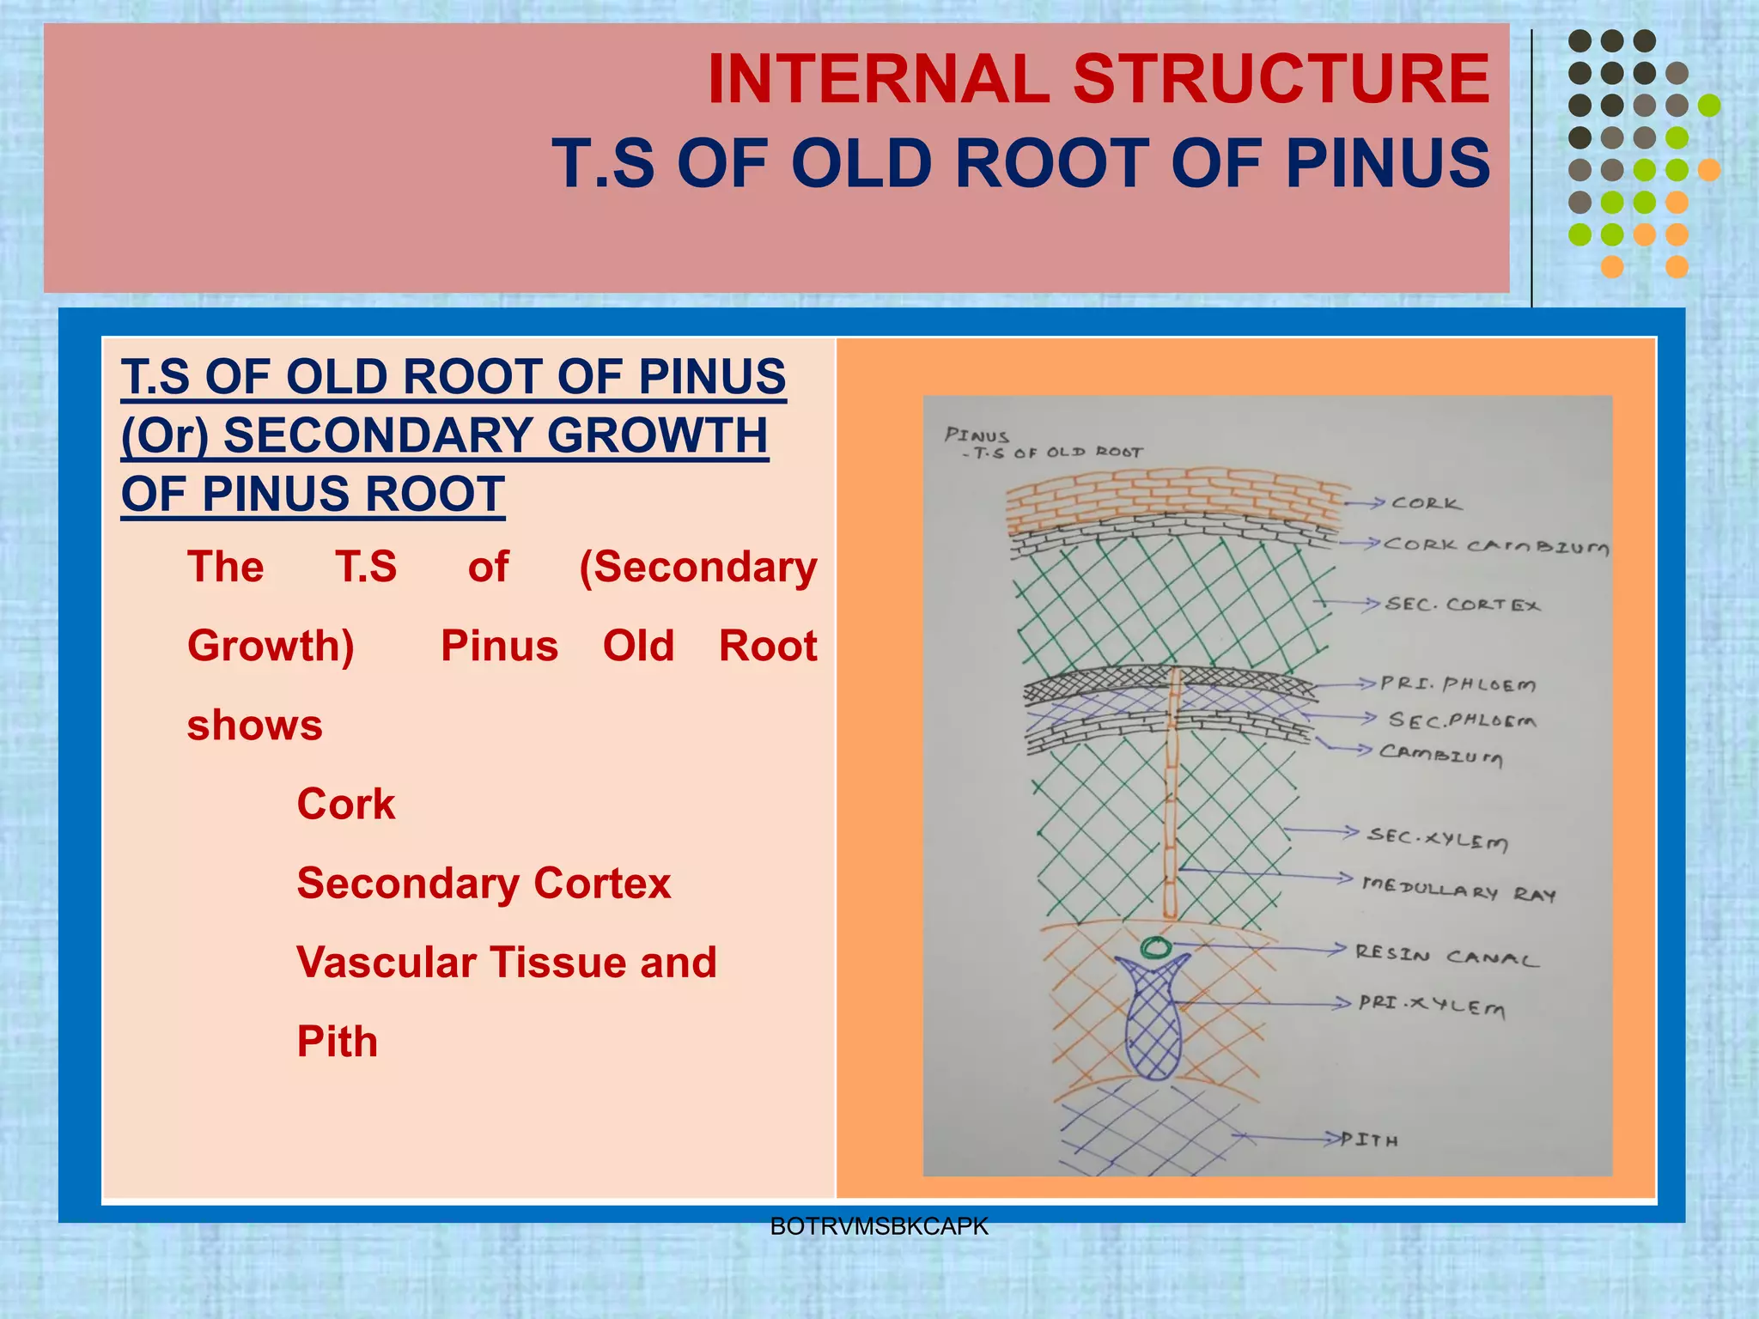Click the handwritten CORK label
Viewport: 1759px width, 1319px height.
click(x=1426, y=503)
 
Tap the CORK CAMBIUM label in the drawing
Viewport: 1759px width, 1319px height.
click(x=1495, y=546)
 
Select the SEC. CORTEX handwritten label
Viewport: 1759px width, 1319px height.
click(x=1463, y=605)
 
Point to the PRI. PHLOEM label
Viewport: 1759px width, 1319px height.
click(x=1458, y=684)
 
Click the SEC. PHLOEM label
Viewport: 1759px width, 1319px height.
click(x=1462, y=720)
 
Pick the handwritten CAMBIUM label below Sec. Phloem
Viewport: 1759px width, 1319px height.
click(x=1441, y=754)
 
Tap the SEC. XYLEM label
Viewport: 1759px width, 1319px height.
click(x=1438, y=838)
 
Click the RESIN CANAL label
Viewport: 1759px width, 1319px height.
click(x=1446, y=956)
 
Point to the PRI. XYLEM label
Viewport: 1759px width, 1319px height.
click(x=1432, y=1005)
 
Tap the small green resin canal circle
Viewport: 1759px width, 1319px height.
click(x=1156, y=948)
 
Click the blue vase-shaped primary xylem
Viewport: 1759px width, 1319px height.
click(x=1153, y=1022)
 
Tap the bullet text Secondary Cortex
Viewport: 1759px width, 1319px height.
click(x=484, y=883)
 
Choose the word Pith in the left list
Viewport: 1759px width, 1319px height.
click(x=337, y=1042)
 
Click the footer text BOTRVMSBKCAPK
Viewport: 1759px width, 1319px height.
click(x=879, y=1226)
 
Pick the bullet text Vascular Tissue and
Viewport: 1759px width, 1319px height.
click(x=506, y=962)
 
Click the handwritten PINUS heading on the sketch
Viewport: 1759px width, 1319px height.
click(x=977, y=435)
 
